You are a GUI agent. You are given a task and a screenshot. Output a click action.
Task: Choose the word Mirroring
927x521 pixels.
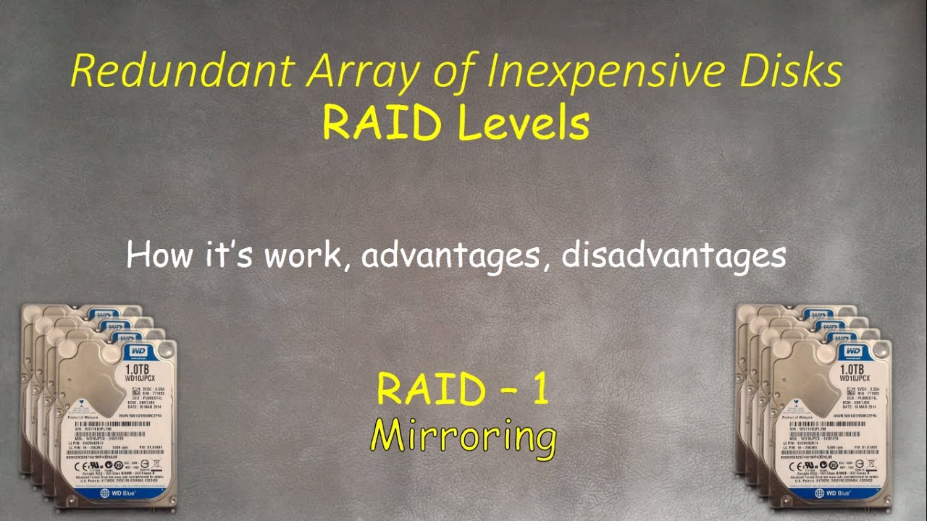[463, 436]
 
